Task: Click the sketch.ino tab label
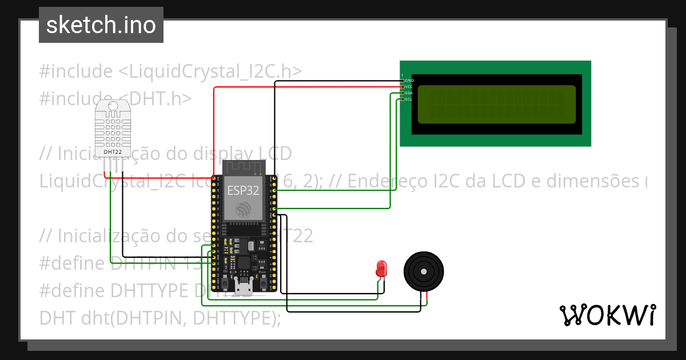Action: [x=101, y=25]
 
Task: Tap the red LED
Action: [x=381, y=268]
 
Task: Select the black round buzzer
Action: [x=424, y=273]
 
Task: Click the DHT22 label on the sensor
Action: [x=113, y=152]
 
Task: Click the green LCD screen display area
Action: [x=496, y=105]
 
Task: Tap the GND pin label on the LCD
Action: [x=409, y=81]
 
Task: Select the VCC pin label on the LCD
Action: [x=409, y=87]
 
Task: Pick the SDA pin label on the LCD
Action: [x=409, y=93]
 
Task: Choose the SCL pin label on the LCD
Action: [x=409, y=99]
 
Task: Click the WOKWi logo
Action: [x=607, y=315]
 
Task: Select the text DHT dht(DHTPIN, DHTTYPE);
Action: [x=160, y=317]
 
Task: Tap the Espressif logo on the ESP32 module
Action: [x=244, y=209]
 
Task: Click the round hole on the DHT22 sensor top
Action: [x=113, y=106]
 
